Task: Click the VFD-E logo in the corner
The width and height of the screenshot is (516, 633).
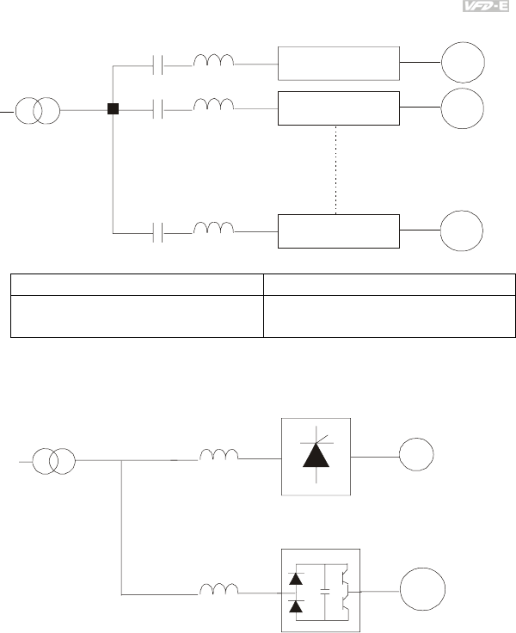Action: pyautogui.click(x=487, y=8)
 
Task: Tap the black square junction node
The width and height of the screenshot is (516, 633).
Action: pyautogui.click(x=113, y=109)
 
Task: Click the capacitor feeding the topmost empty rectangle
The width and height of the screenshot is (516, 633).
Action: pyautogui.click(x=157, y=64)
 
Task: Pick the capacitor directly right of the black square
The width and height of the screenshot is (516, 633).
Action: pyautogui.click(x=157, y=109)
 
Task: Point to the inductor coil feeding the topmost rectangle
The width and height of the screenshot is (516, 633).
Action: pyautogui.click(x=214, y=61)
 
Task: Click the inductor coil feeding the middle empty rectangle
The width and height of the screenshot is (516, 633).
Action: pyautogui.click(x=214, y=107)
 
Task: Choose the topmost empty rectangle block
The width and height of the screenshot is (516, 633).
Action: pyautogui.click(x=339, y=63)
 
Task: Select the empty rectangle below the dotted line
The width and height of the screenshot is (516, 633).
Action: pyautogui.click(x=339, y=230)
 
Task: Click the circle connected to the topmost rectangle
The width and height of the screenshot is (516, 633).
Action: pyautogui.click(x=463, y=62)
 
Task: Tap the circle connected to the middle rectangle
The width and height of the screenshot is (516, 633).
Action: pyautogui.click(x=463, y=108)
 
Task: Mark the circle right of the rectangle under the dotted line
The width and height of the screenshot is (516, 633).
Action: pyautogui.click(x=463, y=230)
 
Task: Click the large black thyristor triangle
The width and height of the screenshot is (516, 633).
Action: pyautogui.click(x=317, y=453)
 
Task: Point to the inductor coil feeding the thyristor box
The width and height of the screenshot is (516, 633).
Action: pyautogui.click(x=218, y=457)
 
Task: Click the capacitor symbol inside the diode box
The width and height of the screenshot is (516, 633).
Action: pyautogui.click(x=325, y=592)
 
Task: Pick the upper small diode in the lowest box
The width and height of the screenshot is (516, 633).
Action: pyautogui.click(x=296, y=579)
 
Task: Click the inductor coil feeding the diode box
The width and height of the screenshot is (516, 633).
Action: pyautogui.click(x=218, y=589)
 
